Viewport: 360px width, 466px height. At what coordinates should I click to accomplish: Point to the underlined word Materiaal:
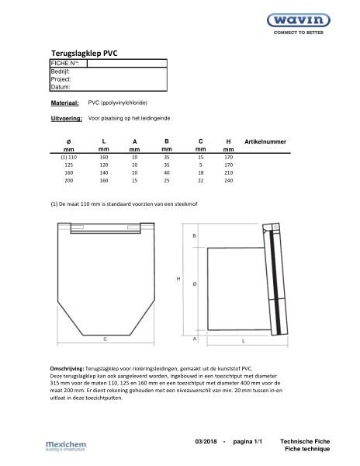tap(64, 103)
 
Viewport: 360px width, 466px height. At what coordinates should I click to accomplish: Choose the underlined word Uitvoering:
tap(66, 119)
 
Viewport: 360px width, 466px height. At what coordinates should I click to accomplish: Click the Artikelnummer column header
tap(265, 142)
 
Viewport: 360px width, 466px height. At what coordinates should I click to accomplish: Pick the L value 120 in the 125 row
tap(104, 165)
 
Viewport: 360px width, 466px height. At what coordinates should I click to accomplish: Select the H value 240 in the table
tap(228, 180)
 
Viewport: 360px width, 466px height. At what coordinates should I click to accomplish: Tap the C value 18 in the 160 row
tap(200, 172)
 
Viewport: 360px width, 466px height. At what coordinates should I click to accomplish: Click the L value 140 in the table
tap(104, 172)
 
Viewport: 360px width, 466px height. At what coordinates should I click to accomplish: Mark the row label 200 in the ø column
tap(68, 180)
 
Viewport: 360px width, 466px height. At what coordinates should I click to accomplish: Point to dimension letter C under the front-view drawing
tap(104, 339)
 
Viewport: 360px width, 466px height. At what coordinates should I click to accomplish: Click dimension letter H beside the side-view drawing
tap(178, 278)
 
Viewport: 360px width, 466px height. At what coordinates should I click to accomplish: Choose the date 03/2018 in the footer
tap(206, 441)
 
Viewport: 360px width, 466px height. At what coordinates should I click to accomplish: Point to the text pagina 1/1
tap(247, 441)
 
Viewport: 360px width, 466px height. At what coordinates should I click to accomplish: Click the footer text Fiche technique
tap(305, 449)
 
